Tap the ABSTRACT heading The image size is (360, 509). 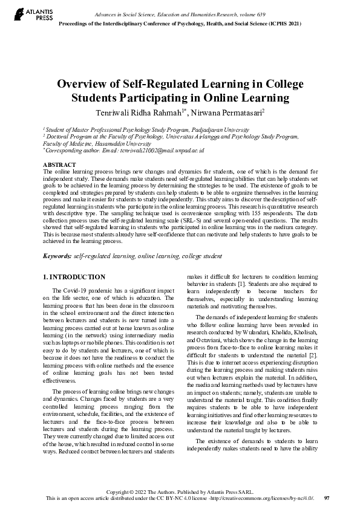59,165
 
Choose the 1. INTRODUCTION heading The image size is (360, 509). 75,277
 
